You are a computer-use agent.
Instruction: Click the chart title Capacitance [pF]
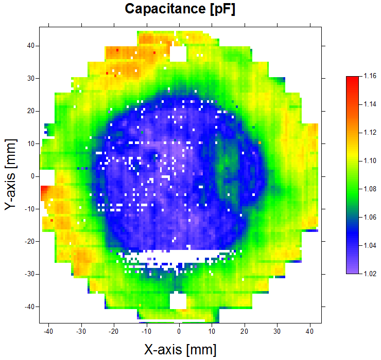coord(180,9)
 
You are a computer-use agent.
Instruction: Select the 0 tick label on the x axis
coord(179,331)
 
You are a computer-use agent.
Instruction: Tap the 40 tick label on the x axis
coord(310,331)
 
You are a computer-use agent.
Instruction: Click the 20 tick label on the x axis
coord(245,331)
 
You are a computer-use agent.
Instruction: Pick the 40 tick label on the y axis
coord(30,45)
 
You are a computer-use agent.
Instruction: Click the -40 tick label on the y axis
coord(29,307)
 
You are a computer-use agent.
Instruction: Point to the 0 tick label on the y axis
coord(32,176)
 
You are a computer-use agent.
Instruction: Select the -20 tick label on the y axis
coord(29,241)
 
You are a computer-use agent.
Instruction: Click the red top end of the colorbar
coord(353,79)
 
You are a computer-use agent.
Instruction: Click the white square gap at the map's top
coord(178,53)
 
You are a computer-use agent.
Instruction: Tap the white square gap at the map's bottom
coord(178,300)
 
